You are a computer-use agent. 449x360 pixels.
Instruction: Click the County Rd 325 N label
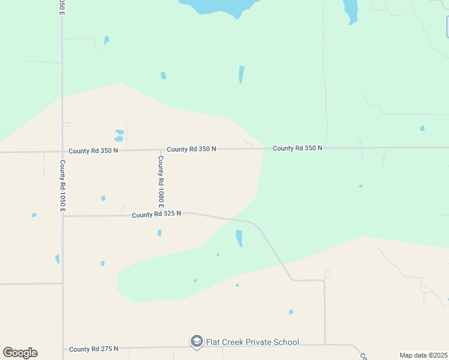coord(156,214)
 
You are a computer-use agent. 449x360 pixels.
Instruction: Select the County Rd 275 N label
coord(93,349)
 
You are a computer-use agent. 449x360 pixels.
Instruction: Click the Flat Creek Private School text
coord(253,342)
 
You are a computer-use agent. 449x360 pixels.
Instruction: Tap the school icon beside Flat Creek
coord(196,342)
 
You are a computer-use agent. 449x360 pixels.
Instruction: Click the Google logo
coord(20,353)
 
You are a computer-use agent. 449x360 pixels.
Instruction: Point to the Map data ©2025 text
coord(424,355)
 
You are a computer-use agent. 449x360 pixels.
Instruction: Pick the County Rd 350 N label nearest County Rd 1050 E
coord(93,151)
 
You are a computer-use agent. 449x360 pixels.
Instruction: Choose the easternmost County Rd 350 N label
coord(297,148)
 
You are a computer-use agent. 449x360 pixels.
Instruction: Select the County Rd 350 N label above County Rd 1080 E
coord(191,149)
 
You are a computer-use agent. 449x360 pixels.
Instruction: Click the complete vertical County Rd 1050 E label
coord(62,185)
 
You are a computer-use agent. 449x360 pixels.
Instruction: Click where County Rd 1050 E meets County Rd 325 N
coord(62,216)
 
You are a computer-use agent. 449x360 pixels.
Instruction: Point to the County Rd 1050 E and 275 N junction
coord(62,349)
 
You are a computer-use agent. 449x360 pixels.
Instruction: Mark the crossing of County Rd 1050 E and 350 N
coord(62,151)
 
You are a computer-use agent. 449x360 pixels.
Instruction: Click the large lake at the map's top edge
coord(222,6)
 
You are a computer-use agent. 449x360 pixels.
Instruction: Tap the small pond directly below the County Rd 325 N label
coord(159,233)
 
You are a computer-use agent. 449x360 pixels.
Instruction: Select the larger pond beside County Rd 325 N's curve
coord(240,238)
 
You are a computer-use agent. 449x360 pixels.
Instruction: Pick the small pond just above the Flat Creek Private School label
coord(291,312)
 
